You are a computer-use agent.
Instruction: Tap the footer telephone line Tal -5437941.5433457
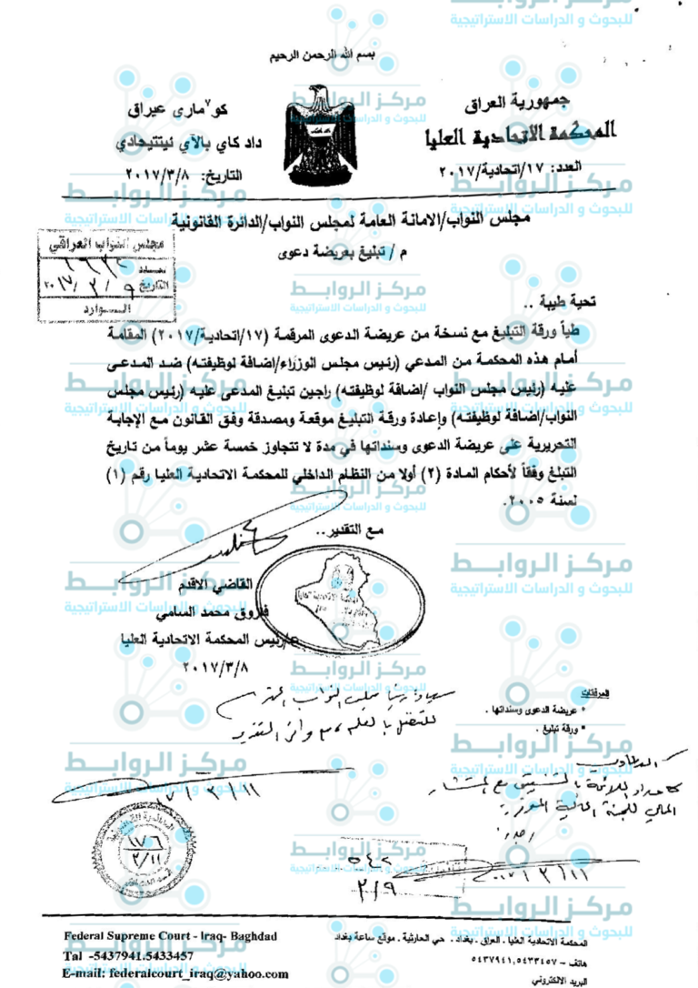point(128,955)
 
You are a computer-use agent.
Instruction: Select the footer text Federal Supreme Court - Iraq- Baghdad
point(171,937)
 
